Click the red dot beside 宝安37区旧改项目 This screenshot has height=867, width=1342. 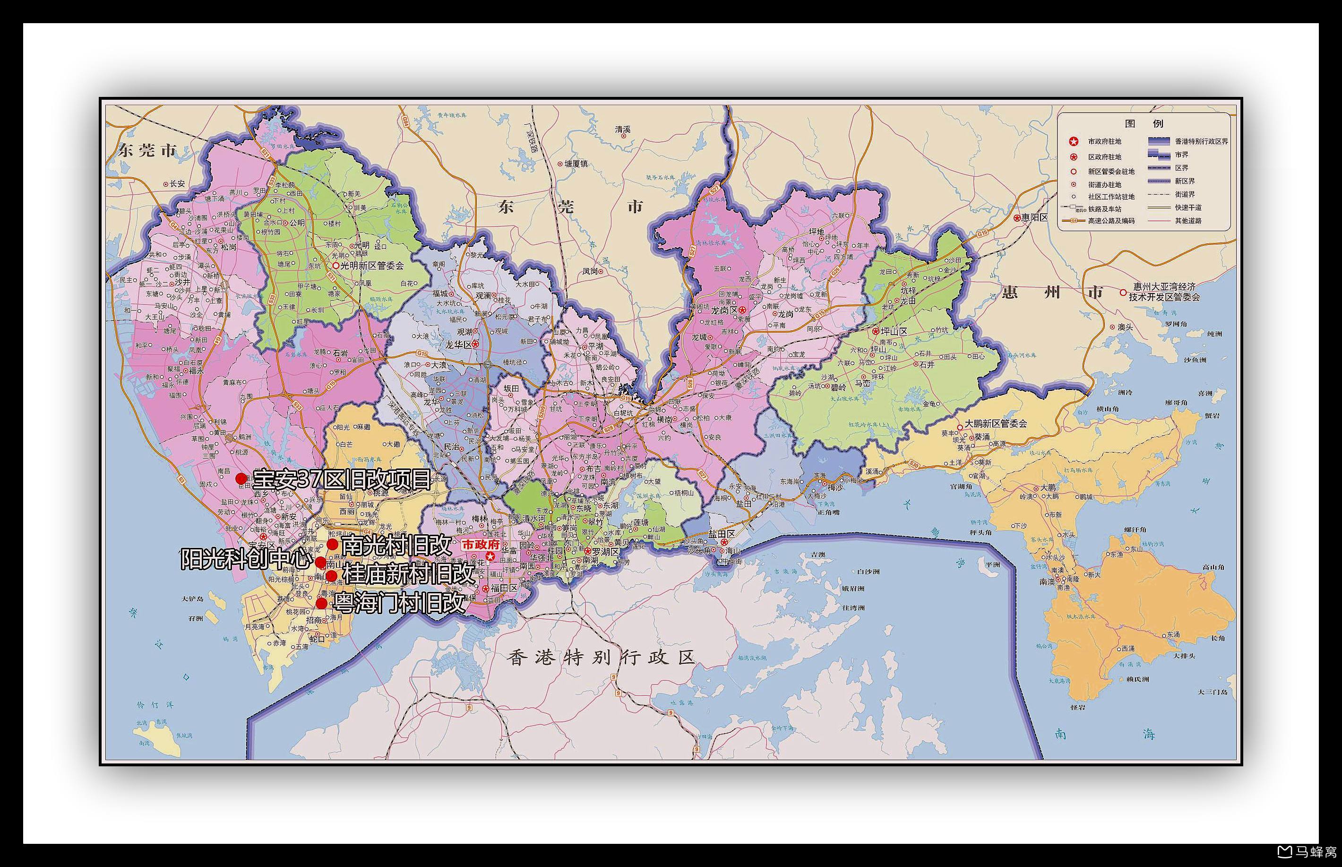point(241,478)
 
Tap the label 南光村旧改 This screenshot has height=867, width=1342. point(396,545)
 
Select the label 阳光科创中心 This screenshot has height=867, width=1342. point(246,559)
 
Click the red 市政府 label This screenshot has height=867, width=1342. point(481,545)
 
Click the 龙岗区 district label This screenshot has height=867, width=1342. point(724,310)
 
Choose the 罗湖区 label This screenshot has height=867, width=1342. point(605,551)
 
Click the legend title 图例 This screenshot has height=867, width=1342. point(1144,123)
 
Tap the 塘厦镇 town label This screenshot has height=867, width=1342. point(576,164)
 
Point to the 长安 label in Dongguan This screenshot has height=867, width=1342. point(177,183)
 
